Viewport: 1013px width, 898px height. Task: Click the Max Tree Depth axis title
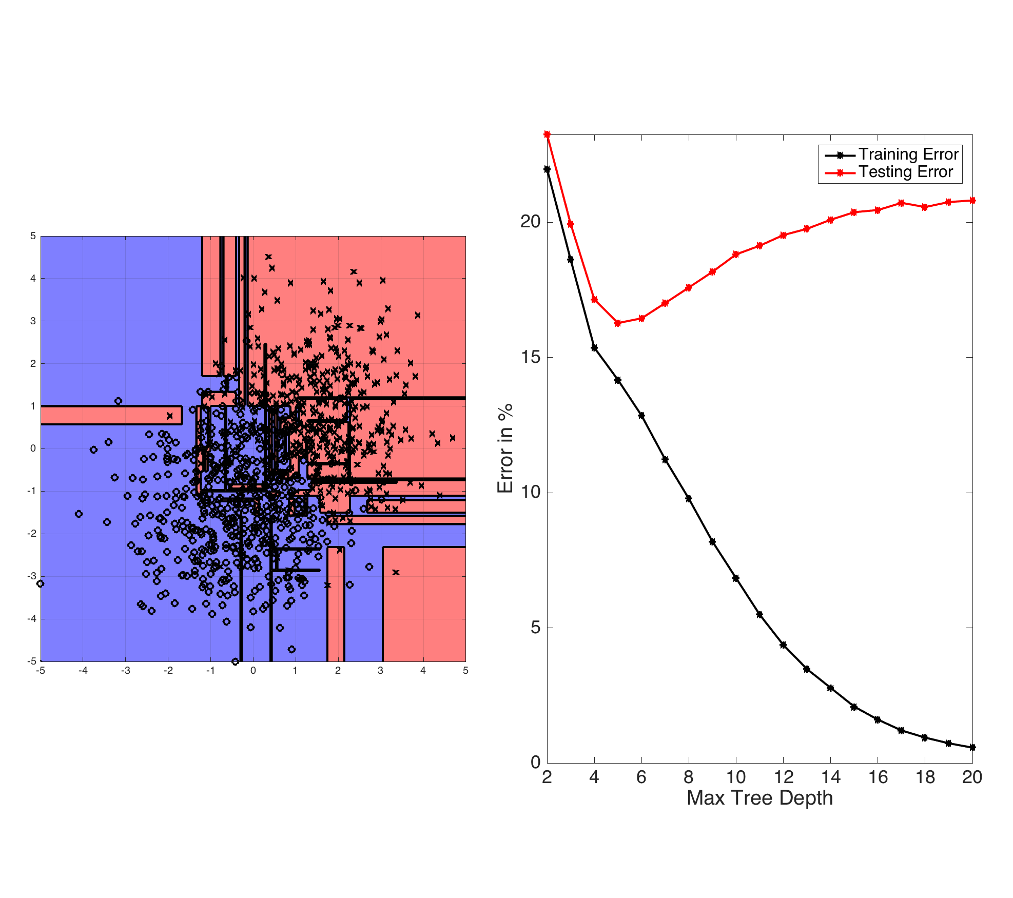pyautogui.click(x=759, y=798)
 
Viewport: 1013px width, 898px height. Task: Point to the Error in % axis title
pyautogui.click(x=505, y=448)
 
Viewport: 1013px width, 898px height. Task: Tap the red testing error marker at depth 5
pyautogui.click(x=618, y=323)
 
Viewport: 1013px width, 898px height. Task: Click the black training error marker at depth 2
pyautogui.click(x=547, y=169)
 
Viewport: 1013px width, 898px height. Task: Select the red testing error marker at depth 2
pyautogui.click(x=547, y=134)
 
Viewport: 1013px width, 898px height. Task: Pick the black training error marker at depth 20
pyautogui.click(x=972, y=748)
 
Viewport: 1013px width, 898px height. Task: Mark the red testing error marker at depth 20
pyautogui.click(x=972, y=201)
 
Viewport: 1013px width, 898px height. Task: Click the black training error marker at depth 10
pyautogui.click(x=736, y=578)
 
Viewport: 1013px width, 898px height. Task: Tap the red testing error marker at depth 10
pyautogui.click(x=736, y=255)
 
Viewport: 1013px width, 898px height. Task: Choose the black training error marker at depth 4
pyautogui.click(x=594, y=348)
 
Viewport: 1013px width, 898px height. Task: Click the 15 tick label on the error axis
pyautogui.click(x=531, y=357)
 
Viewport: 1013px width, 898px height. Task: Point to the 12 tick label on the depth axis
pyautogui.click(x=783, y=777)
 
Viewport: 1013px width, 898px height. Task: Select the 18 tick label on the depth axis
pyautogui.click(x=925, y=777)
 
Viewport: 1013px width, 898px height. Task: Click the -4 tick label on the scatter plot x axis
pyautogui.click(x=83, y=671)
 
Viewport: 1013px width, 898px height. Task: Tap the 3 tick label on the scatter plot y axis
pyautogui.click(x=33, y=321)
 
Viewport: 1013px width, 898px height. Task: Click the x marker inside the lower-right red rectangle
pyautogui.click(x=395, y=572)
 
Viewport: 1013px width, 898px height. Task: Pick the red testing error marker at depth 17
pyautogui.click(x=901, y=203)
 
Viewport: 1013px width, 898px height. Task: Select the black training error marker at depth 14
pyautogui.click(x=830, y=688)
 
